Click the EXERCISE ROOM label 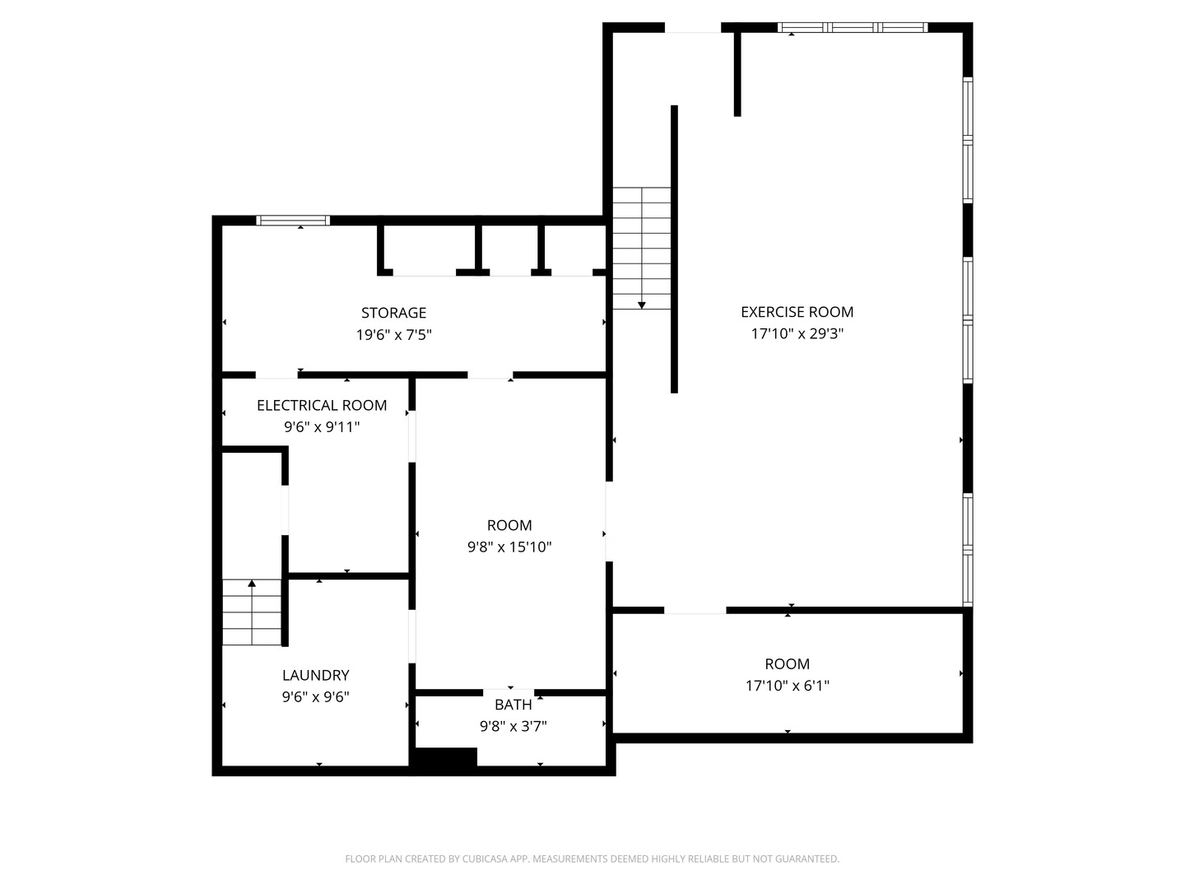tap(797, 312)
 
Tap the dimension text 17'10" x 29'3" tap(797, 334)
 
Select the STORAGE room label tap(393, 313)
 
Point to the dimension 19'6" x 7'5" tap(393, 335)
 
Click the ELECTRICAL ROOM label tap(322, 405)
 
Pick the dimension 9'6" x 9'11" tap(322, 427)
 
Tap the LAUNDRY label tap(316, 675)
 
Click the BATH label tap(513, 705)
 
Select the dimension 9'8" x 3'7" tap(513, 726)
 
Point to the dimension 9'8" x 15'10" tap(509, 547)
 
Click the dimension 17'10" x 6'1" tap(788, 686)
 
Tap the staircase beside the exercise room tap(641, 247)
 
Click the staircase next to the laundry tap(252, 612)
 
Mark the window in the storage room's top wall tap(293, 220)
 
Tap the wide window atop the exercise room tap(853, 28)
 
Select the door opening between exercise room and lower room tap(695, 610)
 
